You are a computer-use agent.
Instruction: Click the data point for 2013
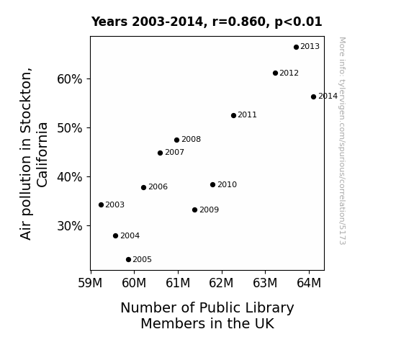pyautogui.click(x=296, y=47)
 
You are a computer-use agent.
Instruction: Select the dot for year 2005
pyautogui.click(x=128, y=260)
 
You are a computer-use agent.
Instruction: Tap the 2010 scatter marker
pyautogui.click(x=212, y=184)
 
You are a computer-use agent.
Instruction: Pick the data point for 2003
pyautogui.click(x=101, y=204)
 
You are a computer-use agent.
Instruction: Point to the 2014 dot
pyautogui.click(x=313, y=96)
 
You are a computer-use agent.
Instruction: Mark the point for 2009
pyautogui.click(x=194, y=210)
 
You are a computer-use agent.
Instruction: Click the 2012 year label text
pyautogui.click(x=289, y=73)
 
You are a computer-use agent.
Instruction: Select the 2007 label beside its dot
pyautogui.click(x=174, y=153)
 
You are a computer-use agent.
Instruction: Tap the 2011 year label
pyautogui.click(x=247, y=115)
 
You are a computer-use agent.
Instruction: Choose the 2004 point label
pyautogui.click(x=130, y=235)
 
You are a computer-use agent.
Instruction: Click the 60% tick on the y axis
pyautogui.click(x=69, y=79)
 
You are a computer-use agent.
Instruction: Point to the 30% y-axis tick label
pyautogui.click(x=69, y=226)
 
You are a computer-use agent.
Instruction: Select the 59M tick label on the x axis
pyautogui.click(x=90, y=283)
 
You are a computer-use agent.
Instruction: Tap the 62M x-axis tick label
pyautogui.click(x=221, y=283)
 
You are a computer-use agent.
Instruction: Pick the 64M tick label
pyautogui.click(x=309, y=283)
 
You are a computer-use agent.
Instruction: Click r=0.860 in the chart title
pyautogui.click(x=239, y=22)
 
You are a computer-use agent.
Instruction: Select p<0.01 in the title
pyautogui.click(x=298, y=22)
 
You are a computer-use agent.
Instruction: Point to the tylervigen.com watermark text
pyautogui.click(x=342, y=141)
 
